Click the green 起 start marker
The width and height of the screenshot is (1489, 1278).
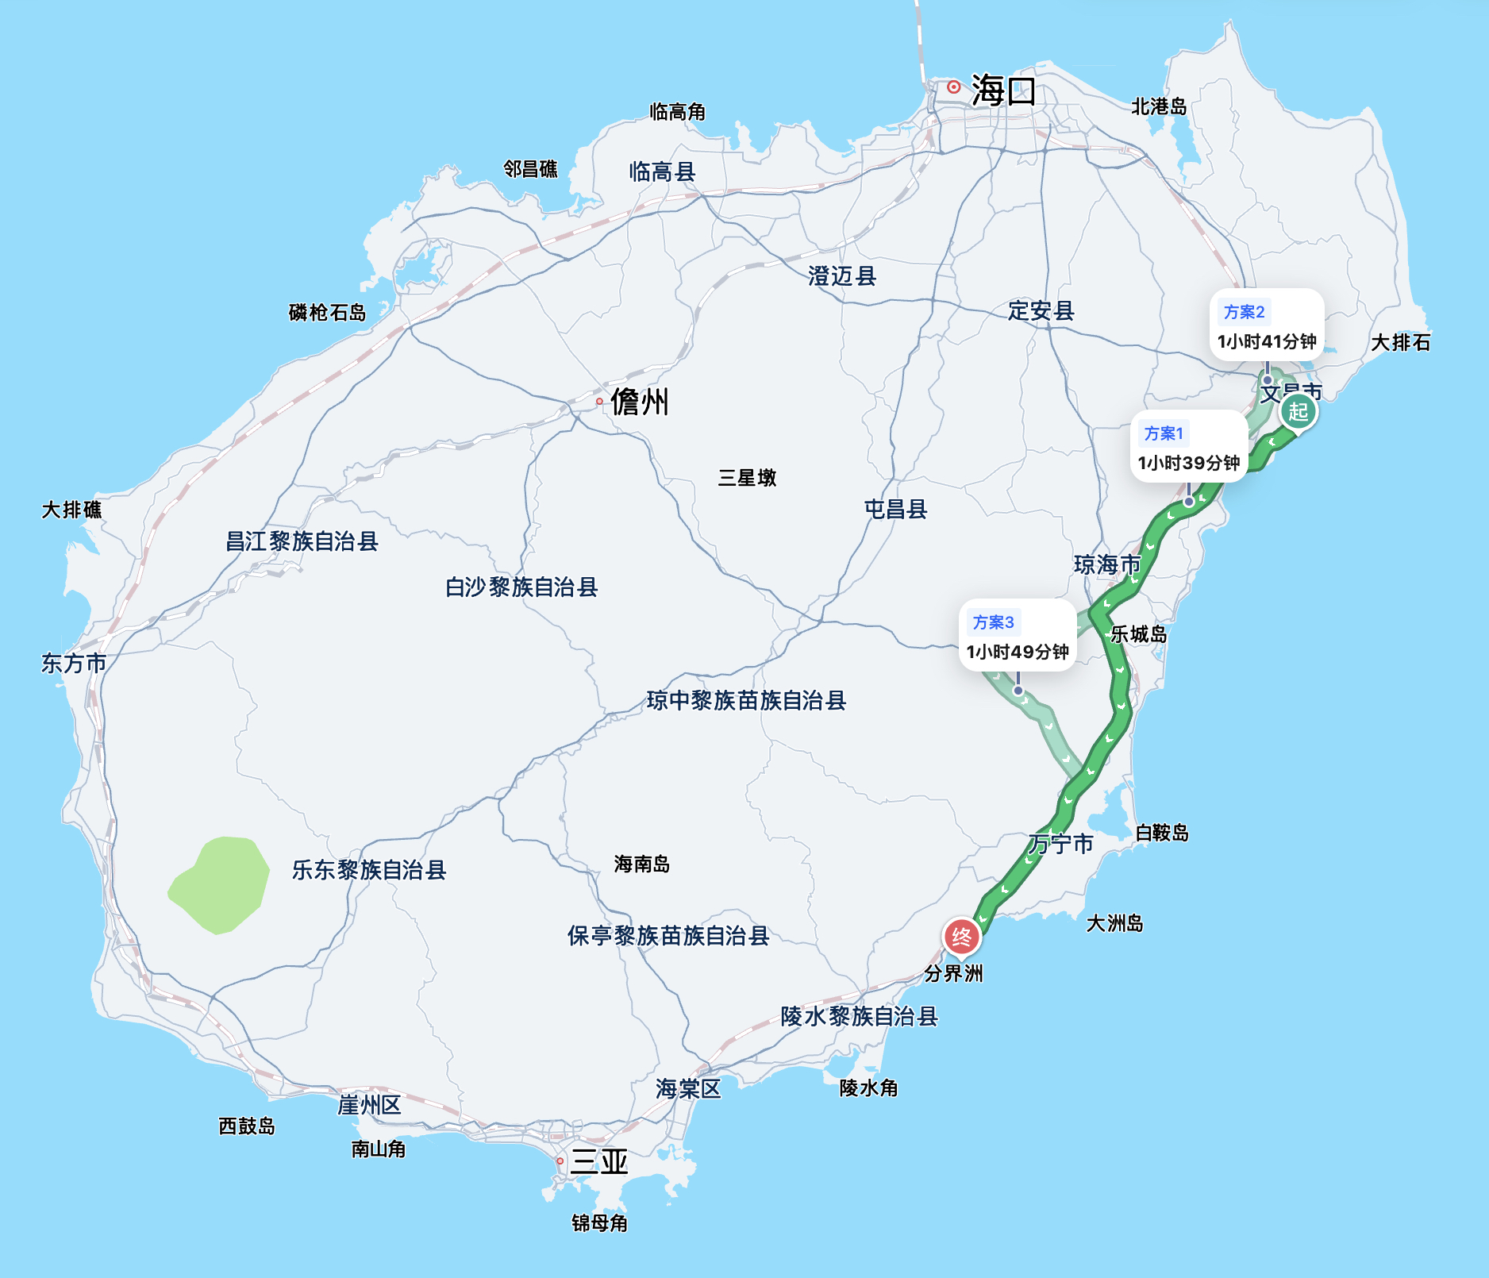1298,412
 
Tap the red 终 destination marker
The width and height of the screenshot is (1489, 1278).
961,937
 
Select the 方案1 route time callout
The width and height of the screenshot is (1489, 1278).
1188,448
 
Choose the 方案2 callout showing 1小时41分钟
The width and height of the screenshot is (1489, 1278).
1267,326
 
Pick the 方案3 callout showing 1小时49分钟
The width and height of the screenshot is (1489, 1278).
1018,637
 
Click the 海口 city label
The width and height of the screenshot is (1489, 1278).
1003,90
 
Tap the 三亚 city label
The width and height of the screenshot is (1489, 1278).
599,1161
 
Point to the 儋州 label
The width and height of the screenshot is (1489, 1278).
640,402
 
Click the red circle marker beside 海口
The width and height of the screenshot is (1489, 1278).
953,87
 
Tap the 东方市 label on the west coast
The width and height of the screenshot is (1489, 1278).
74,663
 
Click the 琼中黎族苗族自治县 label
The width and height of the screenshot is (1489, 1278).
746,700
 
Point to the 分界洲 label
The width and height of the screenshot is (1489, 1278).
953,973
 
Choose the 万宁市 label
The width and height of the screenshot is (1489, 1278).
1061,844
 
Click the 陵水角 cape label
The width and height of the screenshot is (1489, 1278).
868,1087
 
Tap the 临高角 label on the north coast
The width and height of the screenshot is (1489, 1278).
677,112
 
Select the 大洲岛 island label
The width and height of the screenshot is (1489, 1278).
1114,923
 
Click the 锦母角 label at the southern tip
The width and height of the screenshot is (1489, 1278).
599,1222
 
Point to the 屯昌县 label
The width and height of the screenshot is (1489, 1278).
895,509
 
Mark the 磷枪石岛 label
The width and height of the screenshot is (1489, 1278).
327,313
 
